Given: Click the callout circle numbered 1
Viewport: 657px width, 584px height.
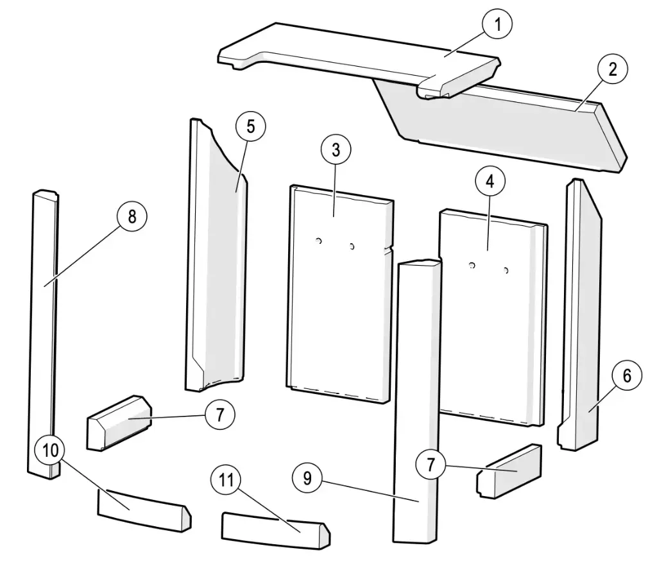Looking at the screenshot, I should [x=498, y=26].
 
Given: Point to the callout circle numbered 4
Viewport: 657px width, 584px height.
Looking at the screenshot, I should [x=490, y=182].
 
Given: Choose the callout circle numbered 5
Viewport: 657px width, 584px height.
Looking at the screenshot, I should [x=250, y=126].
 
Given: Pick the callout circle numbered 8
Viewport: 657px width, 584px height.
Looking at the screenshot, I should [x=132, y=216].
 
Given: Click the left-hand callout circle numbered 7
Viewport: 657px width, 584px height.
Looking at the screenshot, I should [x=219, y=415].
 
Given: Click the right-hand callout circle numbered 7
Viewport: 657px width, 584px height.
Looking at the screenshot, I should [x=431, y=465].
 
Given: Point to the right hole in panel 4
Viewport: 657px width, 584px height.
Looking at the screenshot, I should [x=506, y=271].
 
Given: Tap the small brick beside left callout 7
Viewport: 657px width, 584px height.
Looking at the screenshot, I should [x=119, y=424].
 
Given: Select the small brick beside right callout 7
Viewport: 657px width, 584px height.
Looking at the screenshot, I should [x=510, y=471].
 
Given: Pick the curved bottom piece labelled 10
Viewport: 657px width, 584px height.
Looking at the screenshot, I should [x=142, y=510].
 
